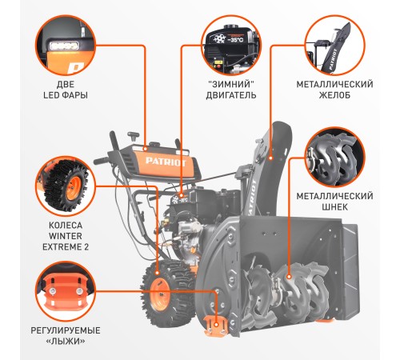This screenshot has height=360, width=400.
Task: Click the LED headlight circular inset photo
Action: pos(66,45)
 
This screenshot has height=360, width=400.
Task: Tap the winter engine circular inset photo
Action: pos(231,45)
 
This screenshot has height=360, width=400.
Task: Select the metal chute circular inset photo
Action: pos(334,45)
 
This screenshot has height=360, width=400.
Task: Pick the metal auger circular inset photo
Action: pos(334,157)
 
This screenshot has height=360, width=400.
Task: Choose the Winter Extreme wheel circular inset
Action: pos(66,186)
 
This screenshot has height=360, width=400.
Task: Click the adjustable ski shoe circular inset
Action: pos(66,291)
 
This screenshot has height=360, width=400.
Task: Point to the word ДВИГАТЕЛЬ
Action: pos(231,95)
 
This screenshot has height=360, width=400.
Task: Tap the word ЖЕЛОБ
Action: pos(334,95)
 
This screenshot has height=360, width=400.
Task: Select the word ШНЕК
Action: pos(334,207)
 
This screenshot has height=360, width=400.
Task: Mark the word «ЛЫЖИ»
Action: pos(66,341)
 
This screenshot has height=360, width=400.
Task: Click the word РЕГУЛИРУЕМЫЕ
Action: pos(66,330)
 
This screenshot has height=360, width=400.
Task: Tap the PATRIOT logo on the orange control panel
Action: pos(166,162)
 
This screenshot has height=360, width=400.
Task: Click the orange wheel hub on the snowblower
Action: pos(160,294)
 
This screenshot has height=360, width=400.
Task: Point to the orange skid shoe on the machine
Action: pos(216,325)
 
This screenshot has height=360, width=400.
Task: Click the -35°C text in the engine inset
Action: pos(235,40)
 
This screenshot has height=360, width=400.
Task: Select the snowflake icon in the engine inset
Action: pos(219,39)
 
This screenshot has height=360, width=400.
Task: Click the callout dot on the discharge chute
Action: pos(271,158)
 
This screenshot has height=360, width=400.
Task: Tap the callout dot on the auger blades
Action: pos(289,277)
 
